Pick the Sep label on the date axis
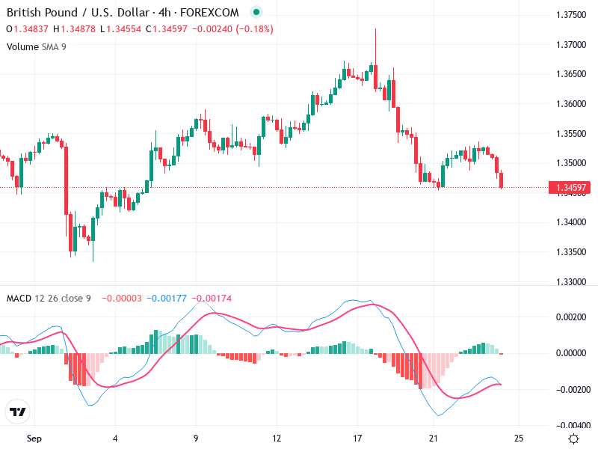point(34,438)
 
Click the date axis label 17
point(357,438)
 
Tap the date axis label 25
point(519,438)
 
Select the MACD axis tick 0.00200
point(574,317)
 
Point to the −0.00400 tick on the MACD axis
point(573,425)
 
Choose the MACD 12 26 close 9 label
point(49,298)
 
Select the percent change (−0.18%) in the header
point(254,29)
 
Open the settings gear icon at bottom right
point(573,438)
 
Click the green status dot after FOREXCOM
point(256,13)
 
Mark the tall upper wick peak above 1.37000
point(375,30)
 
